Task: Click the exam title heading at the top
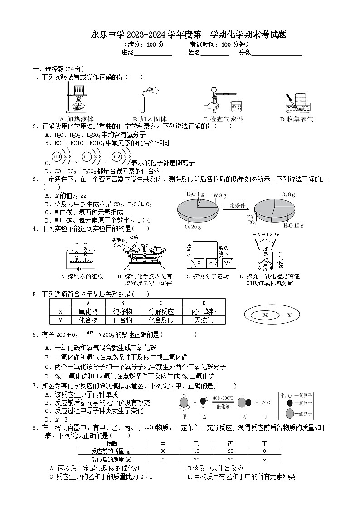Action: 189,35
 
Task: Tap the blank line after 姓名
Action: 215,53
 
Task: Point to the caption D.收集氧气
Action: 297,119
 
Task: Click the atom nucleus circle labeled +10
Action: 57,157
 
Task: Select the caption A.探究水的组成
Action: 82,276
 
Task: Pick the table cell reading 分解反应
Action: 161,311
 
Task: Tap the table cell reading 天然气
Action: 204,320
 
